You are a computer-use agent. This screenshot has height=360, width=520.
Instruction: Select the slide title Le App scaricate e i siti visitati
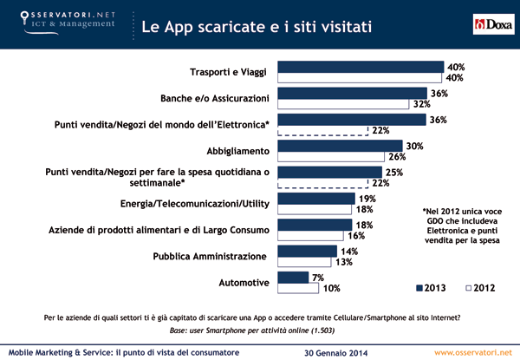[257, 26]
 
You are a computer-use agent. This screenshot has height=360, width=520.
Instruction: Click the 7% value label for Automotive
[320, 277]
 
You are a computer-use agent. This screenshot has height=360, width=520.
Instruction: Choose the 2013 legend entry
[434, 286]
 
